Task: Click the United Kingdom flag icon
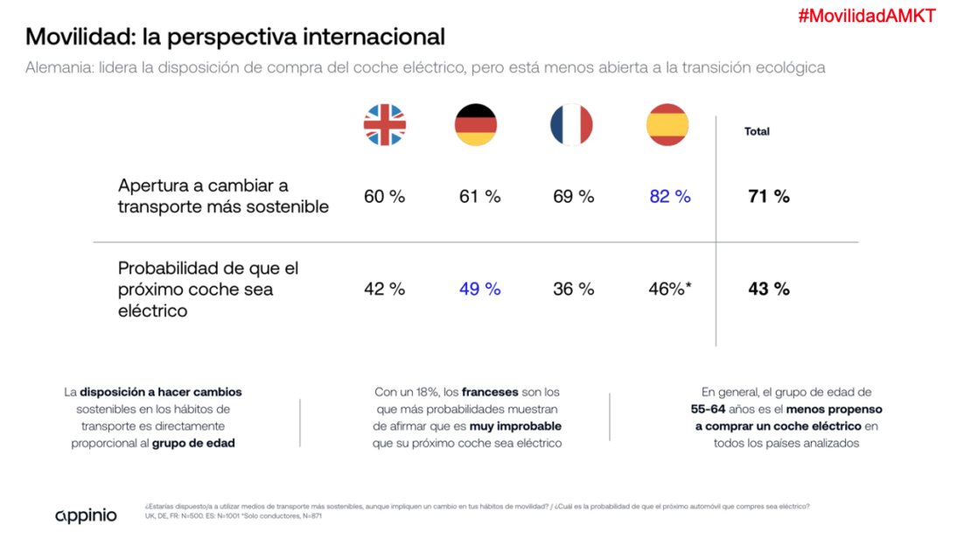(x=385, y=125)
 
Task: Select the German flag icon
(x=476, y=125)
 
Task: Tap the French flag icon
(x=571, y=125)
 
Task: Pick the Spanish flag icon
(x=667, y=125)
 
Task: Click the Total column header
(x=757, y=132)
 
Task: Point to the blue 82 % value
(x=670, y=197)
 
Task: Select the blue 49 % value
(x=480, y=289)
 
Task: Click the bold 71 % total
(x=769, y=197)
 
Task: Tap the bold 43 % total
(x=769, y=289)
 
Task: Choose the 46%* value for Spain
(x=670, y=289)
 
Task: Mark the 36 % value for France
(x=574, y=289)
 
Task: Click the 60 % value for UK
(x=385, y=197)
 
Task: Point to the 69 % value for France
(x=574, y=197)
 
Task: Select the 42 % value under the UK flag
(x=385, y=289)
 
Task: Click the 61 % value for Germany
(x=480, y=197)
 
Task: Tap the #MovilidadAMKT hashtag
(x=866, y=16)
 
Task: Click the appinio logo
(x=86, y=514)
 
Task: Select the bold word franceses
(x=490, y=392)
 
